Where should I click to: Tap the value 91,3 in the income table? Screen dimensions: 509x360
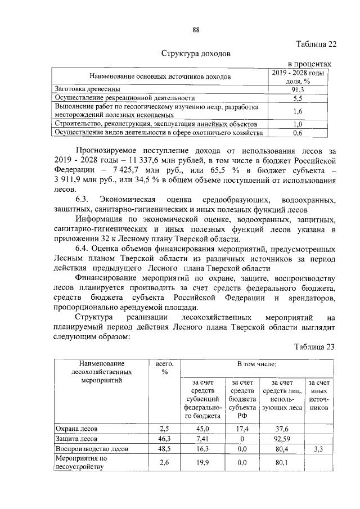coord(298,89)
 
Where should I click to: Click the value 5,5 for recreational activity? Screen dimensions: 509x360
coord(298,98)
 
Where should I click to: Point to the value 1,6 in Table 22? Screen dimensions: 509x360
coord(298,111)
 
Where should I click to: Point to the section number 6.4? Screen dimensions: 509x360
coord(82,249)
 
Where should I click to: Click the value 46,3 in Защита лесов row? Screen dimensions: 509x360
coord(164,439)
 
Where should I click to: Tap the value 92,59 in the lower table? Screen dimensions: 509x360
coord(281,439)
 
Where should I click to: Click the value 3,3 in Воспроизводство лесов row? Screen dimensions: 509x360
coord(319,449)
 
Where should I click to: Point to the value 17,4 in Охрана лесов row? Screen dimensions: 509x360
coord(240,428)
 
